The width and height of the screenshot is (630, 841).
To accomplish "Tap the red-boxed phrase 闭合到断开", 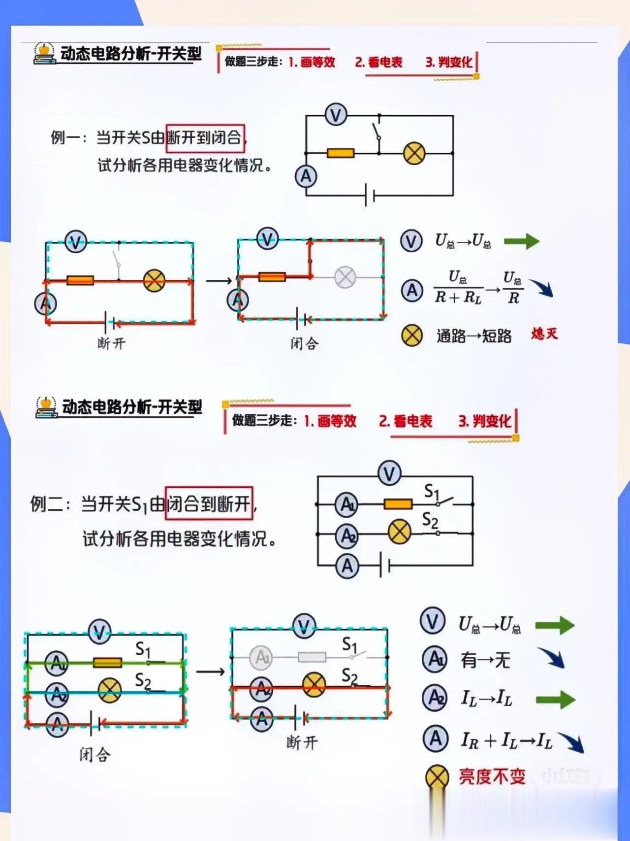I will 209,504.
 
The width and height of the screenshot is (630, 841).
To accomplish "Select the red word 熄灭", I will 544,334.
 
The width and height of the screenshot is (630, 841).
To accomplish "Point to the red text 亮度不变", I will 492,776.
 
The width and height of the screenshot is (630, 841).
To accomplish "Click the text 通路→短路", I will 474,336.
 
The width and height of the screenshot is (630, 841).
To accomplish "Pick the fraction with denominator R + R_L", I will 458,287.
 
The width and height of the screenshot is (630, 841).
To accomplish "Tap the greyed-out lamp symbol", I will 345,277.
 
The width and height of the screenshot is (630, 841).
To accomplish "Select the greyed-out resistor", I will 312,657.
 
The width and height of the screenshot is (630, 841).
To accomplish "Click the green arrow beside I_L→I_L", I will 555,700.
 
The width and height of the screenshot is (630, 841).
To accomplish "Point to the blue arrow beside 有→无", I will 551,658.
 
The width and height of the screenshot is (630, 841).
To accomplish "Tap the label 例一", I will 67,138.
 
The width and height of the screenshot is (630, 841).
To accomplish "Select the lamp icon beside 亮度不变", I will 437,777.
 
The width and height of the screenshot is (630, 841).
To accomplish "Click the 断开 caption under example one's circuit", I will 111,343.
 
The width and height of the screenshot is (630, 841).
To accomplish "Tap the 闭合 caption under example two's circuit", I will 95,754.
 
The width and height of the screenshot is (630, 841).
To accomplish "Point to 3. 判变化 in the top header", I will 448,62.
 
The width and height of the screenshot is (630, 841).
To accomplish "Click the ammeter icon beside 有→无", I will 435,659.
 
